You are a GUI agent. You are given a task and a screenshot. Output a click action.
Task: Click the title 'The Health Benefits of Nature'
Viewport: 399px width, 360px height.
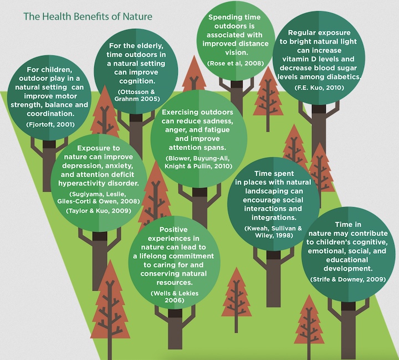coord(88,17)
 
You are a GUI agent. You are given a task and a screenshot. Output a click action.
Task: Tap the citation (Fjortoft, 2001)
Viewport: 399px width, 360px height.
coord(50,125)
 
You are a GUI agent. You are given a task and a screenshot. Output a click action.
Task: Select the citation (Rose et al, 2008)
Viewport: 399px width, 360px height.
coord(236,63)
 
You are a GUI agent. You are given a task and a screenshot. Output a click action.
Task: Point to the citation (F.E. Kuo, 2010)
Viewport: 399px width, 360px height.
coord(319,88)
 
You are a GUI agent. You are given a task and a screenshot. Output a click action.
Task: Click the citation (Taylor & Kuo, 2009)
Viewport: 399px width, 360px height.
coord(99,211)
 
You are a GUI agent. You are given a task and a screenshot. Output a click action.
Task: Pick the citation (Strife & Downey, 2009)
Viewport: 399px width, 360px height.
coord(348,279)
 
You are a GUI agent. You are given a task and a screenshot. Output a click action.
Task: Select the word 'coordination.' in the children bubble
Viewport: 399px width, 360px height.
coord(50,114)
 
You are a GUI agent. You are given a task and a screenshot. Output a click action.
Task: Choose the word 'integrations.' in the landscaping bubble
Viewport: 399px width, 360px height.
coord(274,218)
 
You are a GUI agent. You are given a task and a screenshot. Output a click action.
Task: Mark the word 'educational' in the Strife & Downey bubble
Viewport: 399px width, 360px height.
coord(347,260)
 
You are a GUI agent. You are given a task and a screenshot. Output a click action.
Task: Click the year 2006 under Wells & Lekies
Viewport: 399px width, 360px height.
coord(175,300)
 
